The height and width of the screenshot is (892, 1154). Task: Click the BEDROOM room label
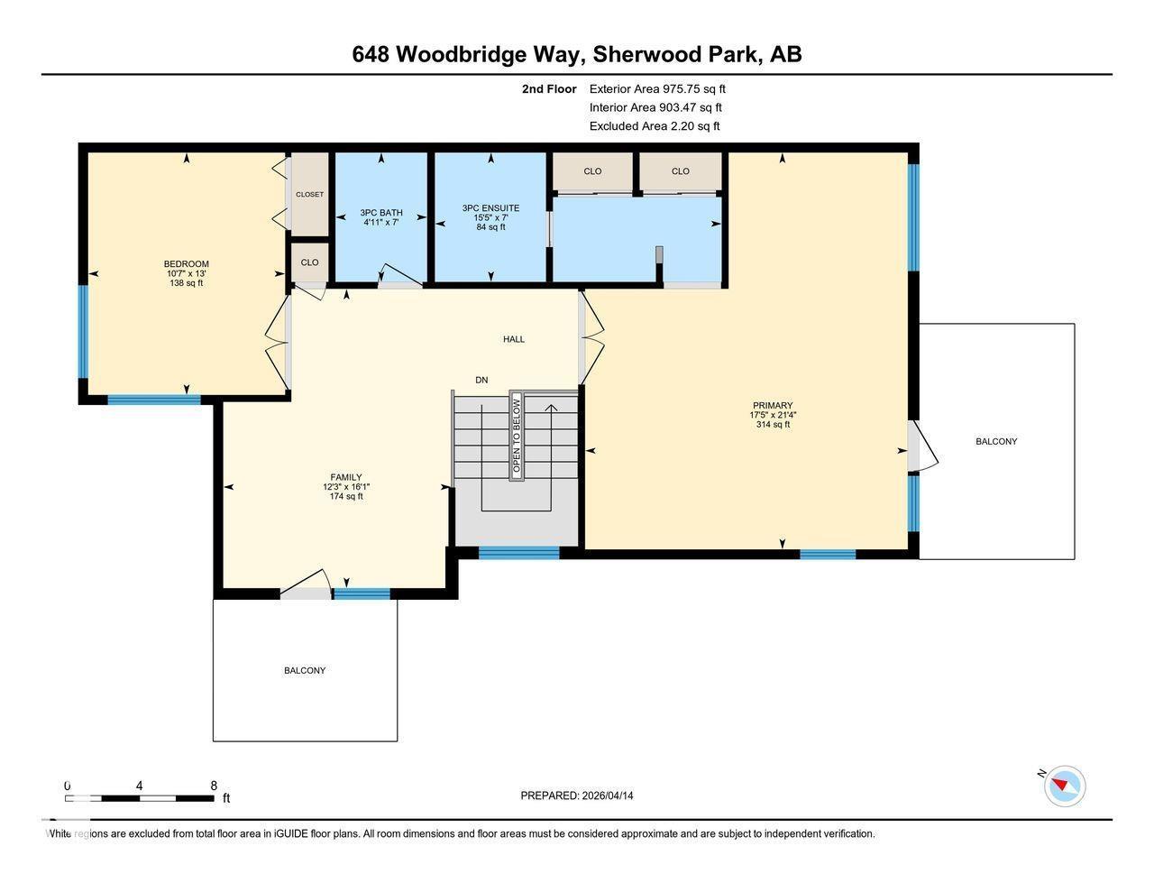(x=186, y=264)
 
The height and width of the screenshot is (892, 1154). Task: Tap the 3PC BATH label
(x=380, y=214)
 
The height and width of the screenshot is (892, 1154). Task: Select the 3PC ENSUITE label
(x=490, y=208)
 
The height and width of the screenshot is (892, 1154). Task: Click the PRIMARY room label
(x=773, y=406)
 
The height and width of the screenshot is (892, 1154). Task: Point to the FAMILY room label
(x=346, y=477)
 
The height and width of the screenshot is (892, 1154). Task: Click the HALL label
(x=514, y=339)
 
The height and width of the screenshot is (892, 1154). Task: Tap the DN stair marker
(x=481, y=380)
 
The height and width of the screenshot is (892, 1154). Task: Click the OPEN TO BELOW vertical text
(x=517, y=436)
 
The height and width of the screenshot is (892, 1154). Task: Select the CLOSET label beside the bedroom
(x=309, y=194)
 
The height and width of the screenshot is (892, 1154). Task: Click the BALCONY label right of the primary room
(x=996, y=441)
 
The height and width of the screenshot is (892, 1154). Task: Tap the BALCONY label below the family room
(x=305, y=670)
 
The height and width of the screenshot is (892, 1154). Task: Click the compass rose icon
(x=1065, y=786)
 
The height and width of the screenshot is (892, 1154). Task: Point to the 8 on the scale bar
(x=214, y=786)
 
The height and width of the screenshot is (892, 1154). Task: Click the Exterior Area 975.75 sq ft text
(x=657, y=88)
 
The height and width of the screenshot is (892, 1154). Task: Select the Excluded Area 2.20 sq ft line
(x=655, y=126)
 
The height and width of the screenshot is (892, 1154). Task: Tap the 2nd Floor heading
(x=549, y=88)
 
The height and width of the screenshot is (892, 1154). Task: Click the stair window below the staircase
(x=518, y=553)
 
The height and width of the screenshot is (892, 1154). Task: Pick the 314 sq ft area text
(x=773, y=424)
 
